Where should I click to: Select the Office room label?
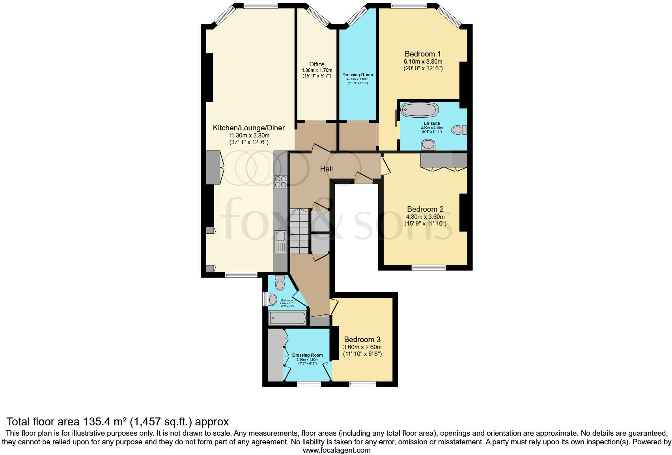click(317, 64)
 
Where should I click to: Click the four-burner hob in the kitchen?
click(281, 181)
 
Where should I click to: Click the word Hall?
click(326, 169)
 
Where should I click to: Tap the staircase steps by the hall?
click(299, 231)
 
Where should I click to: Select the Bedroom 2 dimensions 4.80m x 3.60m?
click(426, 216)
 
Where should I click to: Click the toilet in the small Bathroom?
click(280, 283)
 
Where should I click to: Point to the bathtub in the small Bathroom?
click(287, 318)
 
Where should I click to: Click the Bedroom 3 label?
click(362, 339)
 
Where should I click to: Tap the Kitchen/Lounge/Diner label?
click(248, 128)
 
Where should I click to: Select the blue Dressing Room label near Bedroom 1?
click(357, 75)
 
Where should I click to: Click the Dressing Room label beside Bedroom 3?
click(307, 355)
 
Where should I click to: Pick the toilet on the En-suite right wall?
click(459, 130)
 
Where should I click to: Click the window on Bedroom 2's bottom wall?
click(429, 267)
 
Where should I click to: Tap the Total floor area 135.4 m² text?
click(118, 421)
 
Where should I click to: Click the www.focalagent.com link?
click(336, 450)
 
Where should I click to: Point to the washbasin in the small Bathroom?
click(272, 300)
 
